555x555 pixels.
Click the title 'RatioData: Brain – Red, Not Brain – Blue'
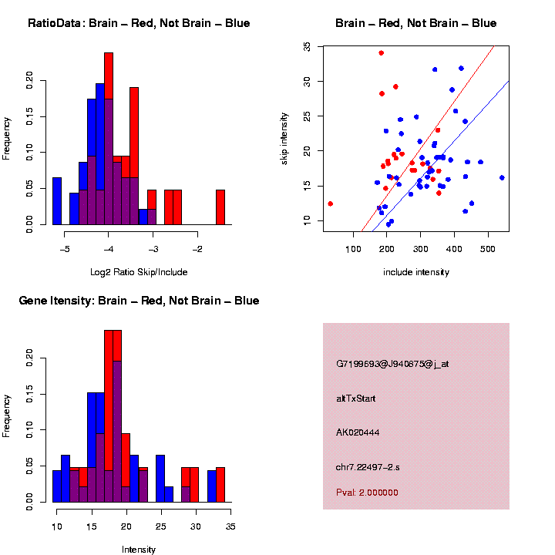click(x=139, y=23)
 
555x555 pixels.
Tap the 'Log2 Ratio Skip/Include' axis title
click(x=139, y=272)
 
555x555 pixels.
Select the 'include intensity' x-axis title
click(x=416, y=272)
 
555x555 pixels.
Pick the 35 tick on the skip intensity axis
click(x=307, y=46)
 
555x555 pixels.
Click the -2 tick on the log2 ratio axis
click(x=197, y=249)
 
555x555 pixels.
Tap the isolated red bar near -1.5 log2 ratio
click(x=220, y=207)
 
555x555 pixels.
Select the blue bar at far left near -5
click(x=57, y=201)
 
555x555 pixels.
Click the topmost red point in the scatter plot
click(x=381, y=53)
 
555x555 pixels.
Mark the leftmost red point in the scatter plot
click(x=330, y=203)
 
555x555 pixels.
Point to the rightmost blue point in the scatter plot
click(x=502, y=177)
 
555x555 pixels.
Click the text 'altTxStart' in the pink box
click(x=356, y=399)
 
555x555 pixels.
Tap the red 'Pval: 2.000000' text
click(x=367, y=492)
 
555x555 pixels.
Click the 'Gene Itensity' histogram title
click(x=139, y=300)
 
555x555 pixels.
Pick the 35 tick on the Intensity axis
click(x=230, y=526)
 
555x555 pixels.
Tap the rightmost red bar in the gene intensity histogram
click(x=220, y=485)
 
